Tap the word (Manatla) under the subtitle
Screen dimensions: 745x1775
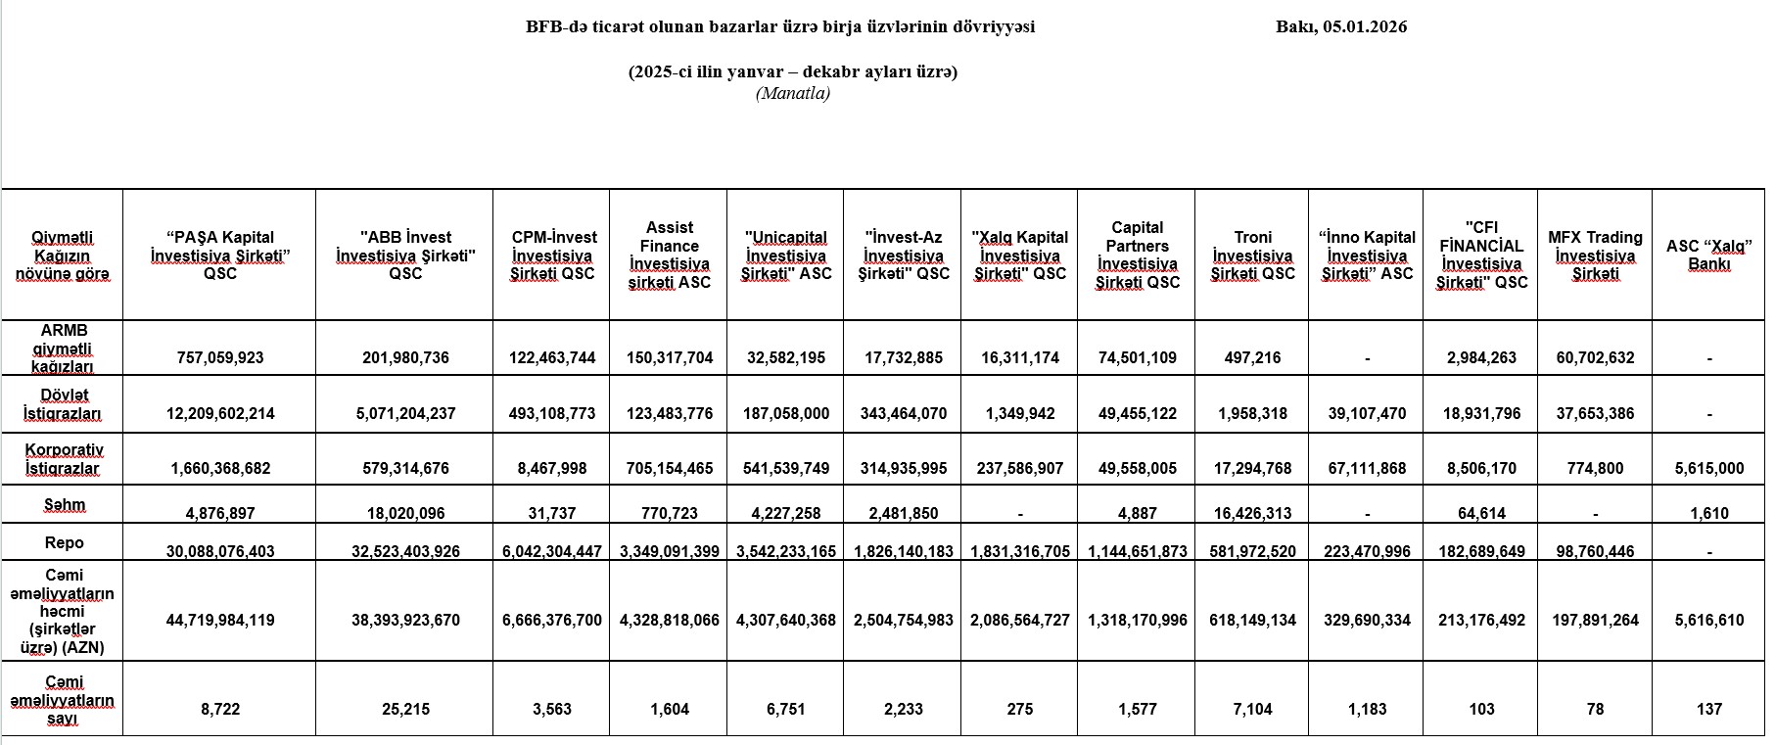(x=792, y=94)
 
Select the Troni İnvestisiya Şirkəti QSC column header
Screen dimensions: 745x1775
(x=1252, y=256)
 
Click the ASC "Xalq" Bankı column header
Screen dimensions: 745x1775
(x=1708, y=256)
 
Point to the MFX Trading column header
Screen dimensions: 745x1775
(x=1595, y=256)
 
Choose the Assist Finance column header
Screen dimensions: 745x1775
(x=670, y=256)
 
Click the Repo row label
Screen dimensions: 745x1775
(x=64, y=542)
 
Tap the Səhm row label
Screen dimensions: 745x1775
(x=64, y=505)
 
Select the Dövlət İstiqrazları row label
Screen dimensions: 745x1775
(x=64, y=404)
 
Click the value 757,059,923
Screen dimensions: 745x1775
(x=220, y=358)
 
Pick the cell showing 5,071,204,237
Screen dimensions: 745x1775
(x=405, y=414)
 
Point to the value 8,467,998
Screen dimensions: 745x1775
(x=552, y=469)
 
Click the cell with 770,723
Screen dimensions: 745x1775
(x=670, y=513)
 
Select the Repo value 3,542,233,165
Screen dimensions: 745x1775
(x=786, y=552)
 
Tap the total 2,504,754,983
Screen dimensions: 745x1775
(x=904, y=621)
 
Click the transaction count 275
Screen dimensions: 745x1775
(x=1020, y=710)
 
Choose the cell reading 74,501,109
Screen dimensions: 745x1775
(x=1138, y=358)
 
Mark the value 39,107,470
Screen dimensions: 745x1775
(x=1367, y=414)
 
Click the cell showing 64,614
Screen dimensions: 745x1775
(x=1481, y=513)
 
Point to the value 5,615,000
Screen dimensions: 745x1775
(x=1708, y=469)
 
